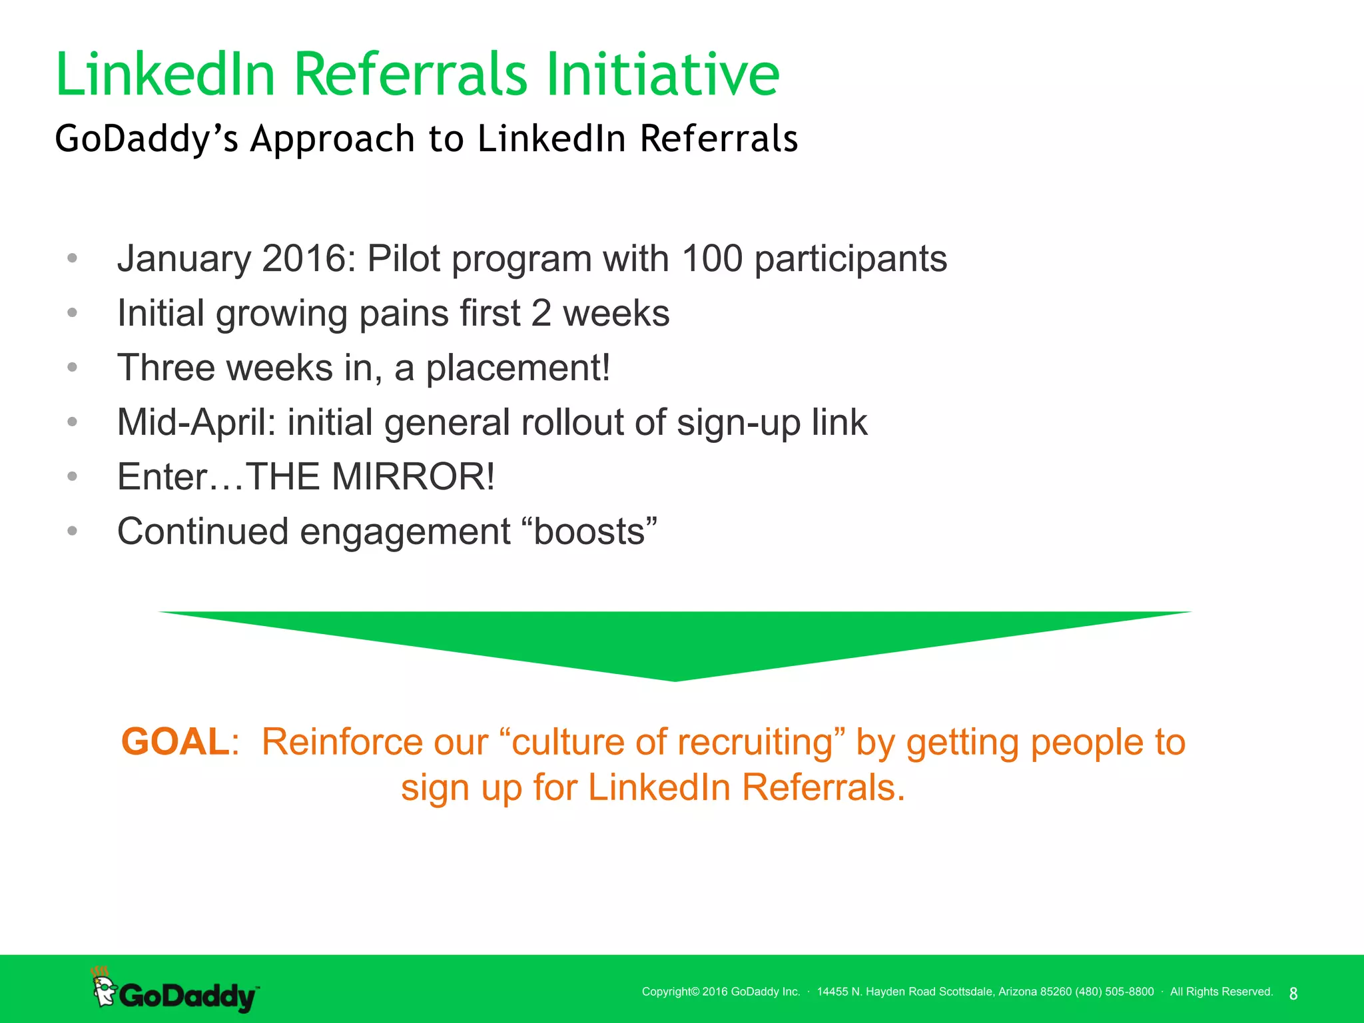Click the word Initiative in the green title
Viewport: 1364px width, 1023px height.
tap(663, 75)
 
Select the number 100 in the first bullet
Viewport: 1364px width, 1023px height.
tap(712, 258)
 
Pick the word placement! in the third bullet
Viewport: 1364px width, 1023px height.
tap(517, 368)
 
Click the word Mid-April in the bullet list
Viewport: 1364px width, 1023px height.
tap(196, 422)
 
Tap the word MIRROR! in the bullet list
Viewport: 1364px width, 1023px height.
tap(413, 477)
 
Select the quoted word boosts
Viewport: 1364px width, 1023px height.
tap(589, 531)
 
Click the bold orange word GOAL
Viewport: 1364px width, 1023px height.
tap(175, 742)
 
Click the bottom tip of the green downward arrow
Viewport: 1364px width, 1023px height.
tap(675, 679)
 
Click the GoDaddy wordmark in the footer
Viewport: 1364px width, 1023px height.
tap(188, 996)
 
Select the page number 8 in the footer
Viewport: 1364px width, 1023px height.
tap(1293, 994)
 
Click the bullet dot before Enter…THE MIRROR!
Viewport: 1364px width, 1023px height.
tap(73, 476)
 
